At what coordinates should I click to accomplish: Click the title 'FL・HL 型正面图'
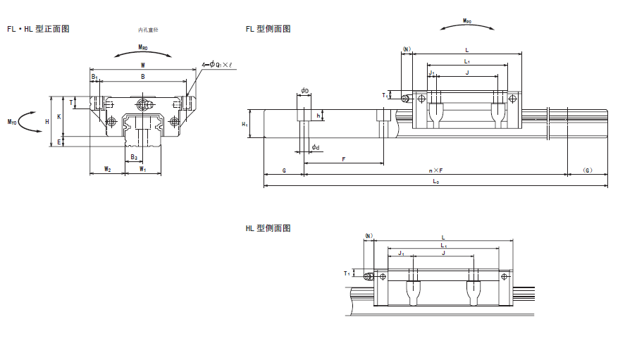click(x=38, y=29)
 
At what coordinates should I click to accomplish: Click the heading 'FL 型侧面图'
click(x=268, y=29)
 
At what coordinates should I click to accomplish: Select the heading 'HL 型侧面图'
click(x=268, y=228)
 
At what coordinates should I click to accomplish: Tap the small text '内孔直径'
click(x=149, y=30)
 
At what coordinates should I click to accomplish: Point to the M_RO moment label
click(x=143, y=48)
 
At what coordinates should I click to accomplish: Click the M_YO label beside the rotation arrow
click(x=12, y=122)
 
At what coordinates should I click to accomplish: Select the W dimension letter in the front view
click(x=143, y=64)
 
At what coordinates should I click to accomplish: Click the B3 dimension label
click(x=134, y=157)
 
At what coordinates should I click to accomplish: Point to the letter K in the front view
click(x=59, y=116)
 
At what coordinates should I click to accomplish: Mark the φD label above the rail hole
click(x=304, y=90)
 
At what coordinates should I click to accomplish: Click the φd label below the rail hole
click(x=316, y=147)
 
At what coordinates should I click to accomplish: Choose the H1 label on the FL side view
click(x=245, y=125)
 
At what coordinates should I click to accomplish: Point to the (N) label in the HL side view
click(x=369, y=235)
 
